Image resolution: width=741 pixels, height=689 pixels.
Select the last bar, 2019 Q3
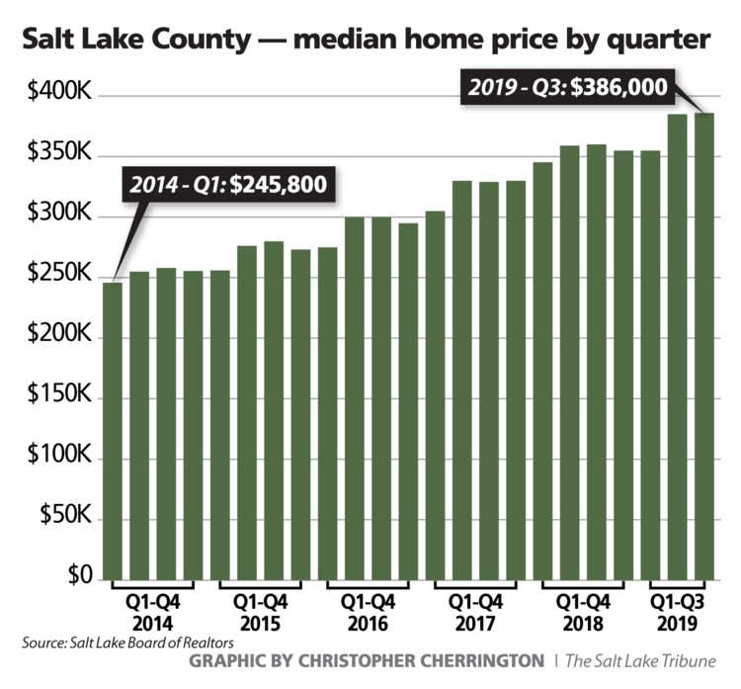coord(702,346)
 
